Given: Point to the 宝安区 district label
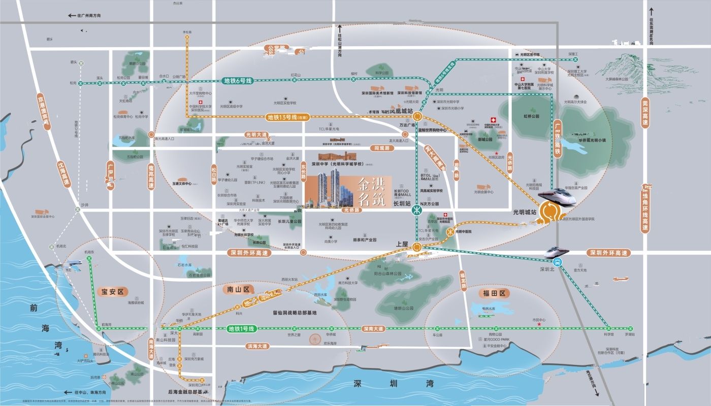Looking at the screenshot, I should [112, 292].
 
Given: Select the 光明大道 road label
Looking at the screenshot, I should [256, 135].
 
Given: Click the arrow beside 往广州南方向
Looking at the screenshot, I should [72, 16].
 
